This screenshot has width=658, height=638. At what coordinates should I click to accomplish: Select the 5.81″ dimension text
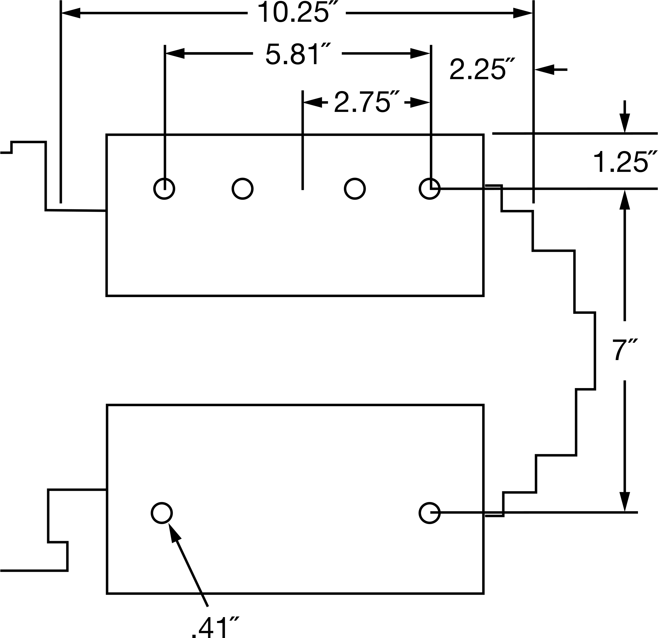coord(298,54)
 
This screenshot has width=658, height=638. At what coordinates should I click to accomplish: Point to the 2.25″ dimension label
coord(482,69)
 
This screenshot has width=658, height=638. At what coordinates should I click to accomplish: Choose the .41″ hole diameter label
coord(215,627)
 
